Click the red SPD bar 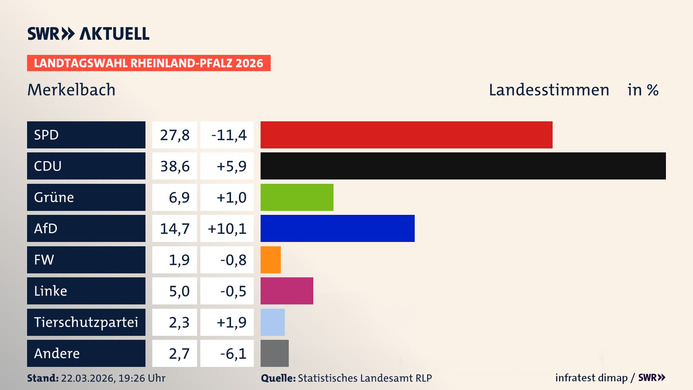(x=406, y=135)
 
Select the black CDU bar (x=463, y=166)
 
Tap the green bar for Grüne (x=297, y=197)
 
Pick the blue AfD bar (x=337, y=228)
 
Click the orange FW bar (x=270, y=260)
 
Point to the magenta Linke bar (x=287, y=291)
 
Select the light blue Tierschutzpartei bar (x=273, y=322)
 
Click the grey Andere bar (x=274, y=353)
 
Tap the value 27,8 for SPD (x=175, y=135)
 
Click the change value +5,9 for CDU (x=231, y=166)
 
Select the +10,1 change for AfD (x=227, y=229)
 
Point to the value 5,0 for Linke (x=179, y=291)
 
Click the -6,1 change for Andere (x=233, y=354)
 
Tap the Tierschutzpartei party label (x=86, y=322)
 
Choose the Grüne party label (x=54, y=197)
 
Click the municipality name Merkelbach (x=71, y=90)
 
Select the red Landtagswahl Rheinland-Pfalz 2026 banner (x=149, y=63)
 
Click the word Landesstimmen (x=549, y=90)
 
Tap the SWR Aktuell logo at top (x=88, y=34)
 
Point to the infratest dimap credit (x=591, y=378)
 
